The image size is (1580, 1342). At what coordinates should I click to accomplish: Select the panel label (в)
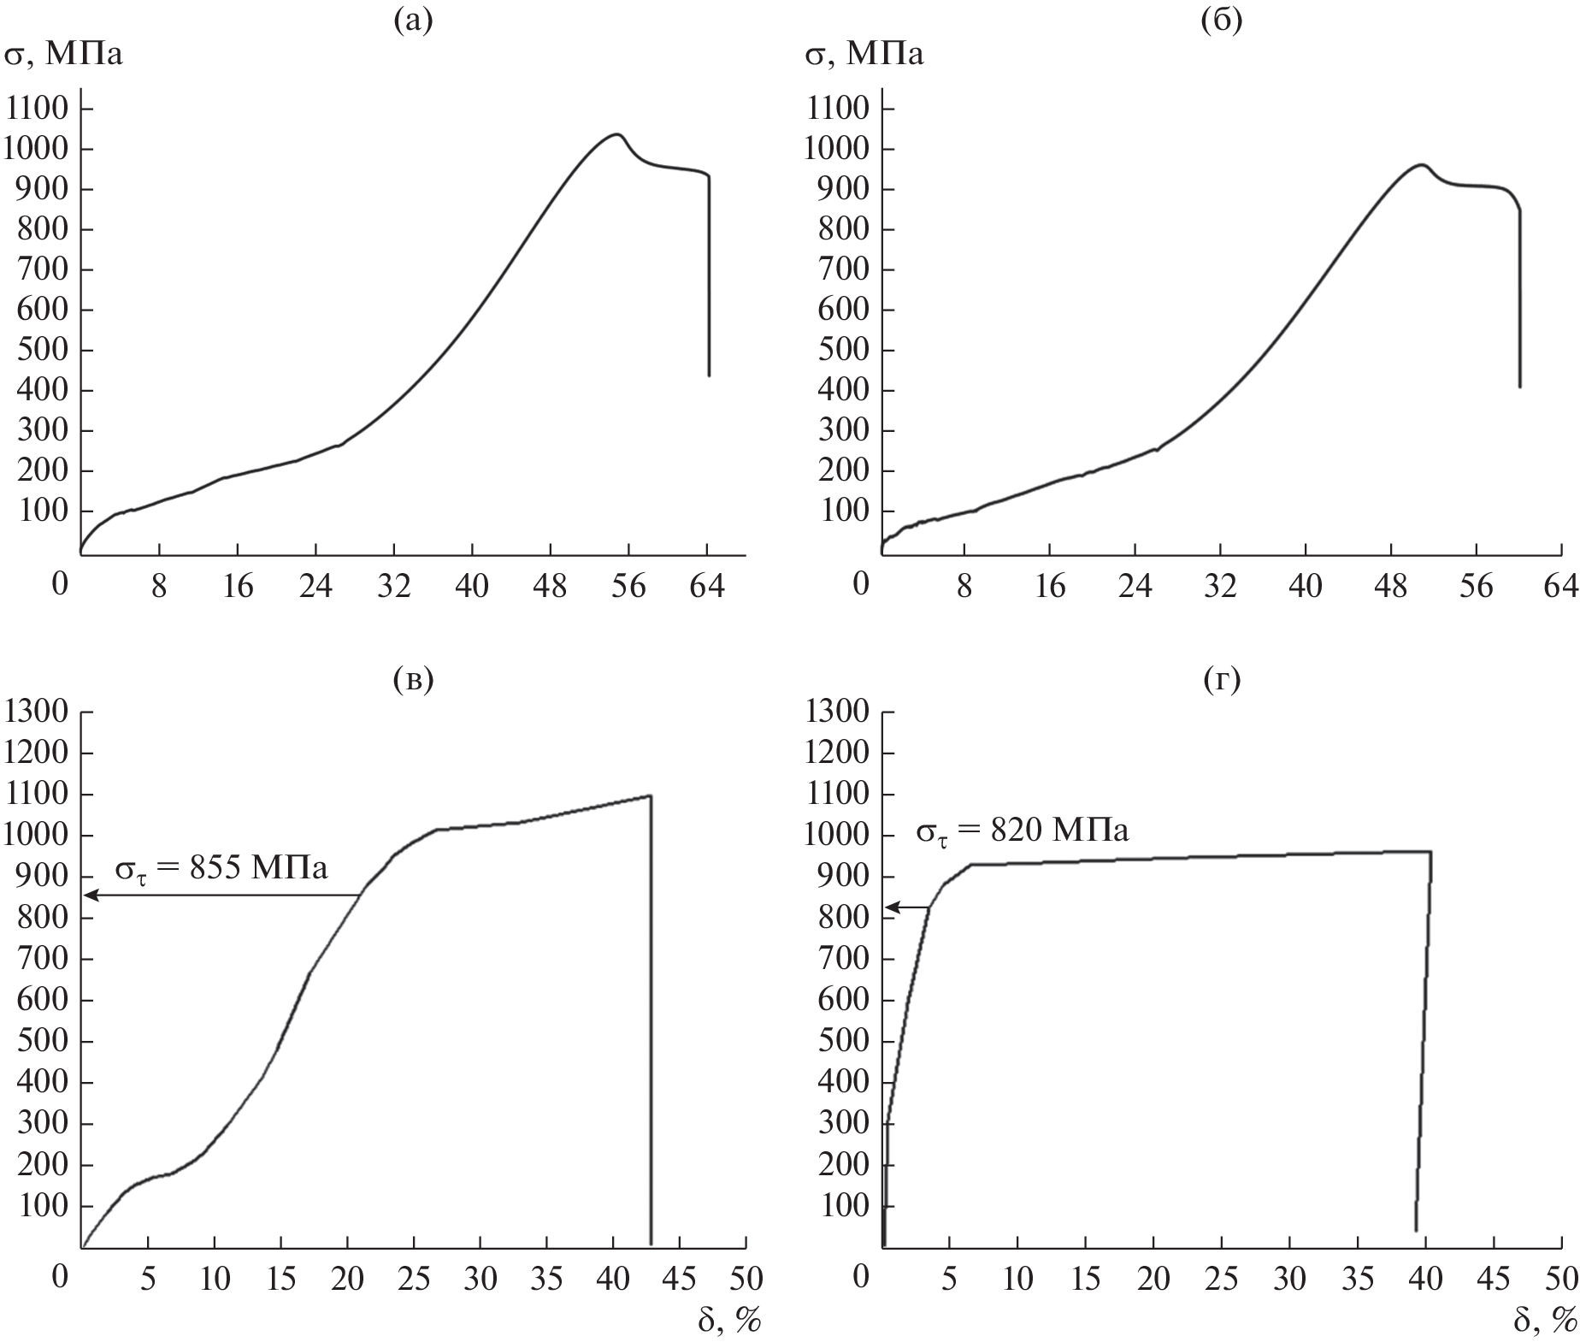click(x=413, y=679)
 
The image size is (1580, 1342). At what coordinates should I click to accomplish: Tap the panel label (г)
click(x=1220, y=679)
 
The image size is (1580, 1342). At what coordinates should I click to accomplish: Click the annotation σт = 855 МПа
click(x=221, y=868)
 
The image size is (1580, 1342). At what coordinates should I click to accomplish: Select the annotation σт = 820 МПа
click(x=1023, y=830)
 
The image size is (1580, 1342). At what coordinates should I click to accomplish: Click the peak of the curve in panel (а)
click(x=616, y=134)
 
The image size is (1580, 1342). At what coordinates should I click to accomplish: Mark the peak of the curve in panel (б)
click(x=1421, y=164)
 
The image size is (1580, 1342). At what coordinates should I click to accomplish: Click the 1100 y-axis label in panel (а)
click(x=37, y=109)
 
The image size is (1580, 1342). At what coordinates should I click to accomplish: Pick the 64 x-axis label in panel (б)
click(x=1560, y=586)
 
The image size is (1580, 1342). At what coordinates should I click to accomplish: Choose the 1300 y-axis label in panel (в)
click(x=37, y=712)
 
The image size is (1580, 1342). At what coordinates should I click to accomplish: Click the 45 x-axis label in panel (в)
click(x=680, y=1279)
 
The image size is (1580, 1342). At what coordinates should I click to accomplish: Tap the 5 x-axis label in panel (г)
click(x=949, y=1279)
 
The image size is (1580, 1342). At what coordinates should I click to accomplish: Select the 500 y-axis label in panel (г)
click(x=843, y=1041)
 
